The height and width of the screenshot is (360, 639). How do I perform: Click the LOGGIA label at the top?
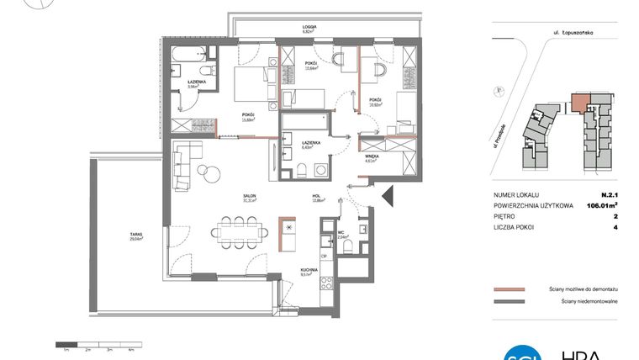tap(309, 28)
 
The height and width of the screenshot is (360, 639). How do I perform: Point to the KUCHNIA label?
tap(307, 271)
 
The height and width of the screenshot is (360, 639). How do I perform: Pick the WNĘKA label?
tap(370, 156)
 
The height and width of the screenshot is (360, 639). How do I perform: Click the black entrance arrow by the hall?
tap(387, 198)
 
